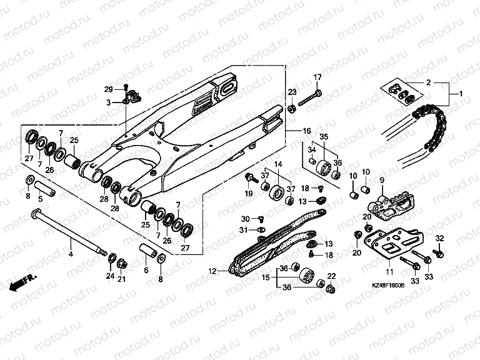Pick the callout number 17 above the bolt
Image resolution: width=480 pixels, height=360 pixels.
point(317,77)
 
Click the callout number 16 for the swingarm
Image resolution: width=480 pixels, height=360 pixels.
point(306,131)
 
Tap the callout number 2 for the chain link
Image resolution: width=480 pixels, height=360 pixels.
point(429,82)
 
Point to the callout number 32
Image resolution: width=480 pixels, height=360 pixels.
point(439,239)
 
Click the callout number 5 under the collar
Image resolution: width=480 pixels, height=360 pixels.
point(41,199)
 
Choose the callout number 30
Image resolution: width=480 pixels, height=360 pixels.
point(245,218)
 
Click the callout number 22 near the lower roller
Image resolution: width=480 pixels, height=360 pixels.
point(331,276)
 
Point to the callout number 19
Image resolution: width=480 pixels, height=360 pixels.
point(249,194)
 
